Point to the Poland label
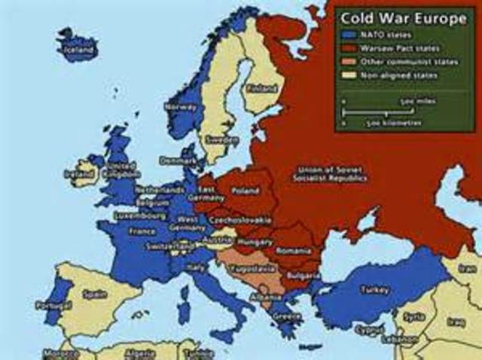click(x=246, y=191)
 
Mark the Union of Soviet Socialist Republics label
click(x=332, y=174)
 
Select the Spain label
click(x=95, y=294)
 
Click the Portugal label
click(x=53, y=305)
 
